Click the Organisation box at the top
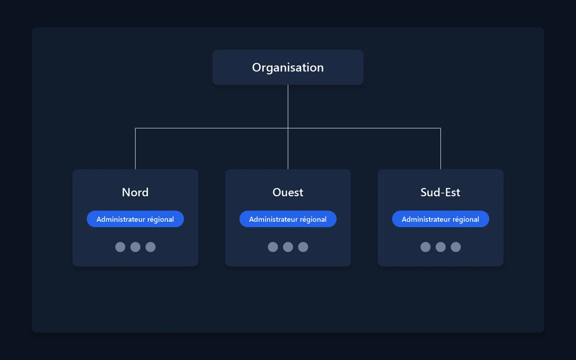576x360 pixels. pos(288,67)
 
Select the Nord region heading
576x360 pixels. pos(135,192)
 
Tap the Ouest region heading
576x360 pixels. pos(288,192)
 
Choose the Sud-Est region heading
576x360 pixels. pos(440,192)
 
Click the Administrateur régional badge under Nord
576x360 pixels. pos(135,219)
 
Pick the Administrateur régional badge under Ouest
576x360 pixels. pos(288,219)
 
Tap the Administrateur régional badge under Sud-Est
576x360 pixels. pos(441,219)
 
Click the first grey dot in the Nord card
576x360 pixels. pos(120,247)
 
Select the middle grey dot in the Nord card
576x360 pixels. pos(135,247)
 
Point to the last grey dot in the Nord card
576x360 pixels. pos(150,247)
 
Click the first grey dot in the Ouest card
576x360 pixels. pos(273,247)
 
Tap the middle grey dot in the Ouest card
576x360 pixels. pos(288,247)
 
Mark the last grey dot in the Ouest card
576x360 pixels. pos(303,247)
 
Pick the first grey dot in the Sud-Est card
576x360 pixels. pos(426,247)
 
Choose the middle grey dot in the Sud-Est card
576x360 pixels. pos(441,247)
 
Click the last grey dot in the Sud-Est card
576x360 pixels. pos(456,247)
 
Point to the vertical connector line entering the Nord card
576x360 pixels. pos(135,149)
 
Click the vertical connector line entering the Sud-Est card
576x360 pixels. pos(441,149)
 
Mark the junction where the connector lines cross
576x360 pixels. pos(288,128)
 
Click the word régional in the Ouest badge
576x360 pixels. pos(313,219)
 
